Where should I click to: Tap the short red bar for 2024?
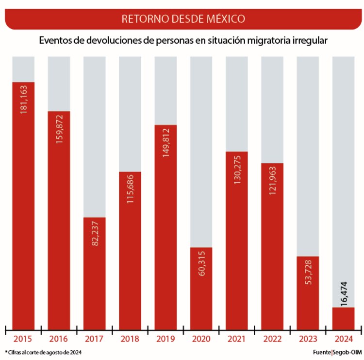344,319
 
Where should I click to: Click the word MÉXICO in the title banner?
225,19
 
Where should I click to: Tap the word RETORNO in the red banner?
142,19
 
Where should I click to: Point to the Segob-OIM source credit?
345,351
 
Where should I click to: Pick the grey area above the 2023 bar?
308,155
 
